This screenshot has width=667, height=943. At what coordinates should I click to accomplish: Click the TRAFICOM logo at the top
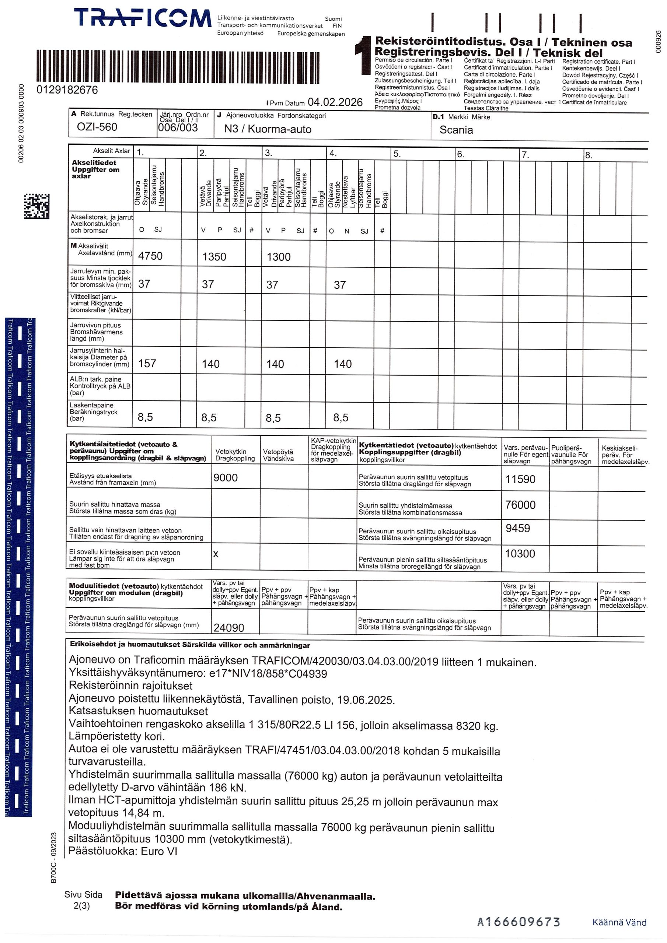pos(143,18)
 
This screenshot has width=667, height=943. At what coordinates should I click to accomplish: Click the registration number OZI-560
pos(97,127)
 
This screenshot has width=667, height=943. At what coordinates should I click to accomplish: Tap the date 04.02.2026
pos(335,102)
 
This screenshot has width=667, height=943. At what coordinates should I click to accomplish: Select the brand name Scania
pos(456,130)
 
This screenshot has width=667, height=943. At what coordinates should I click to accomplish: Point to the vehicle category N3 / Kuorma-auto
pos(268,129)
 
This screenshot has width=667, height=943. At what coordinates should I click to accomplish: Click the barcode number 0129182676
pos(67,90)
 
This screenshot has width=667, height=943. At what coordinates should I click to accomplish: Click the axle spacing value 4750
pos(150,256)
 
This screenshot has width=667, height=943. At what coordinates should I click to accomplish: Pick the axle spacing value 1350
pos(214,257)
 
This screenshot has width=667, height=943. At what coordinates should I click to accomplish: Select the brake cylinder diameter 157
pos(147,364)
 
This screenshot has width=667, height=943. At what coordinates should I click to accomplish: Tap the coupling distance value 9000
pos(225,478)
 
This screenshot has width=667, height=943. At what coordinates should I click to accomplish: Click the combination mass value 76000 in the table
pos(520,505)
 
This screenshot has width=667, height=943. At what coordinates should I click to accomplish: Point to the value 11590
pos(520,479)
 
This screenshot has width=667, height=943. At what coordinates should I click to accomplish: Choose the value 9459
pos(517,528)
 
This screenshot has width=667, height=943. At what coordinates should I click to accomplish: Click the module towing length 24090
pos(228,628)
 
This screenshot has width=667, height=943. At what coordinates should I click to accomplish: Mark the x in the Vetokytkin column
pos(216,554)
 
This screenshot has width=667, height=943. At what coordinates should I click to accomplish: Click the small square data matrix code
pos(36,206)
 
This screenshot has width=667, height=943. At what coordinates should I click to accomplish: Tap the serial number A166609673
pos(518,922)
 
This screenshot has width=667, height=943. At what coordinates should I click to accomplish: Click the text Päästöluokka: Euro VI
pos(122,851)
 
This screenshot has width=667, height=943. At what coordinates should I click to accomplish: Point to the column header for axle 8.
pos(589,155)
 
